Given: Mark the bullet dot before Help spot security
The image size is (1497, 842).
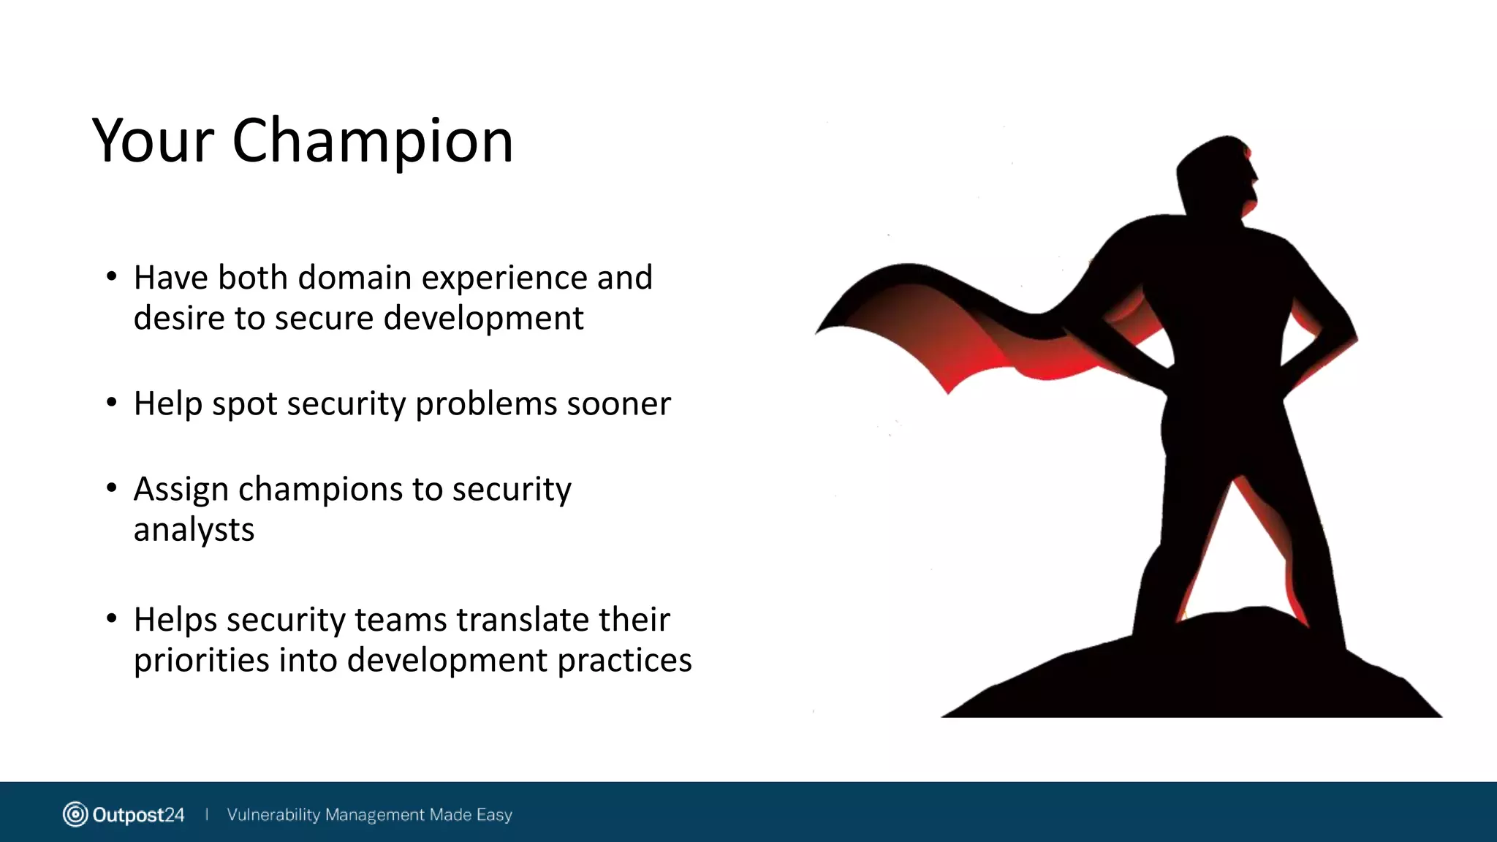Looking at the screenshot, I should click(111, 403).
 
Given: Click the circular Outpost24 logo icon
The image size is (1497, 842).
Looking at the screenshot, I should click(75, 814).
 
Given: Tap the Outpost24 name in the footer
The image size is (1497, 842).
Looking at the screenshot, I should click(138, 814).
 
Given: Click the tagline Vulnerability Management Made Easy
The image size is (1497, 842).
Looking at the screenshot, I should click(369, 814).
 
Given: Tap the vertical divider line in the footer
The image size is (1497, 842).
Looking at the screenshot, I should click(207, 814).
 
